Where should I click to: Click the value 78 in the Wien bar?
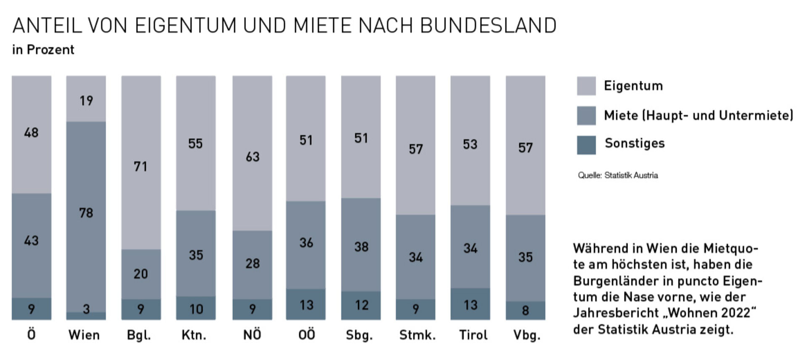86,213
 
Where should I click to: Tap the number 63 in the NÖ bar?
252,157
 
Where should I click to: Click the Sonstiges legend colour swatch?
586,145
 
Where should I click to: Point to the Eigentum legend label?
633,86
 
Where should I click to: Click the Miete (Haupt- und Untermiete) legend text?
698,115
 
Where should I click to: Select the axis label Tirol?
473,335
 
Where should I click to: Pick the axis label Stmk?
417,335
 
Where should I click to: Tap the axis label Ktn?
194,335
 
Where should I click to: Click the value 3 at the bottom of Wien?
86,310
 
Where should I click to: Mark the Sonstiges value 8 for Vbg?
525,311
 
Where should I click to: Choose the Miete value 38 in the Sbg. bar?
361,246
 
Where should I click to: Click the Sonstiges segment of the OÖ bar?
306,304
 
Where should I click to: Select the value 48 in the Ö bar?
31,133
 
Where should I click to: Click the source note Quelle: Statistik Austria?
617,175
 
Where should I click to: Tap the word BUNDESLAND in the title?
488,26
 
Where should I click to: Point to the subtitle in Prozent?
43,50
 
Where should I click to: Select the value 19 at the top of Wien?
86,101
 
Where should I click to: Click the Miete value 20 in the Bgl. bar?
141,274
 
